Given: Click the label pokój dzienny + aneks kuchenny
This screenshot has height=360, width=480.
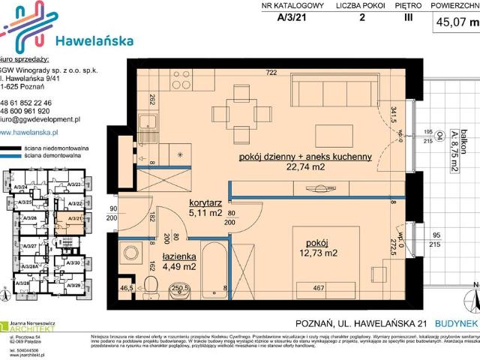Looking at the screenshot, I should click(x=305, y=157).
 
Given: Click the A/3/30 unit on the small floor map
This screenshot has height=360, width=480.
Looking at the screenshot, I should click(x=73, y=263).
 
